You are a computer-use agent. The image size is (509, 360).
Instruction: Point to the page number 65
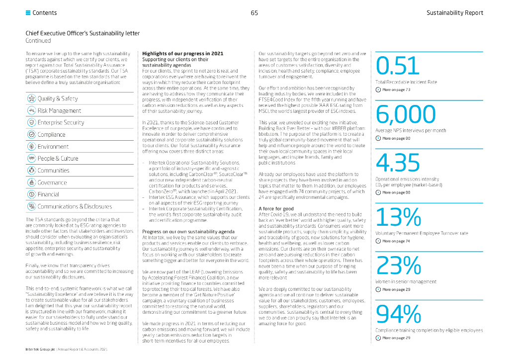pyautogui.click(x=254, y=13)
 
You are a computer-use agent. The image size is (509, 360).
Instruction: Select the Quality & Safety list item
pyautogui.click(x=58, y=98)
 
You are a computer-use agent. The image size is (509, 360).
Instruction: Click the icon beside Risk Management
pyautogui.click(x=31, y=110)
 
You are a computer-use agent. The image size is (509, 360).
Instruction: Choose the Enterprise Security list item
pyautogui.click(x=61, y=122)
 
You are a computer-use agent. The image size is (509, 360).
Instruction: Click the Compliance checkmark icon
pyautogui.click(x=31, y=134)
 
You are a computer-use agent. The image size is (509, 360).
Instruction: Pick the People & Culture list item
pyautogui.click(x=58, y=159)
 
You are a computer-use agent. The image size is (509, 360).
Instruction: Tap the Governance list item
pyautogui.click(x=52, y=182)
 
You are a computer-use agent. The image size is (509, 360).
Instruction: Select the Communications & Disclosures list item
pyautogui.click(x=75, y=206)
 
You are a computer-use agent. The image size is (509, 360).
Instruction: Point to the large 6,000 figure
pyautogui.click(x=406, y=114)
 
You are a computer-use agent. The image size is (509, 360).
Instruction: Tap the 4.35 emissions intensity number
pyautogui.click(x=398, y=162)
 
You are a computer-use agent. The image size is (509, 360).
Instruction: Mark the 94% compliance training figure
pyautogui.click(x=399, y=314)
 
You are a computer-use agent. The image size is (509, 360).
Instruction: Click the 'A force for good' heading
pyautogui.click(x=276, y=209)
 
